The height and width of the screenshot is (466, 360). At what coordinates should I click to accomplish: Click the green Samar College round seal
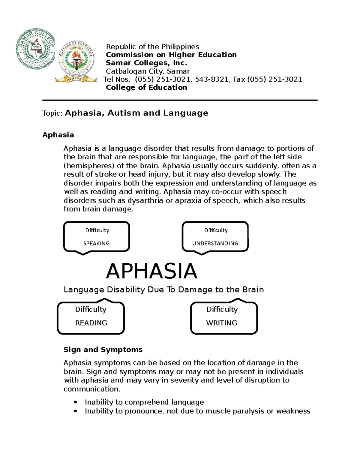tap(35, 49)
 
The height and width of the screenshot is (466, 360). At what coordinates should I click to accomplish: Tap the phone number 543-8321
tap(211, 80)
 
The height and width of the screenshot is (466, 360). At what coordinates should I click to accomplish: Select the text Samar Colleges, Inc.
tap(146, 63)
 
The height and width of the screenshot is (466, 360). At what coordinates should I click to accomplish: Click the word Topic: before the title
tap(52, 113)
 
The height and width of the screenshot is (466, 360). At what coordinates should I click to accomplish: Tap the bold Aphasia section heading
tap(58, 135)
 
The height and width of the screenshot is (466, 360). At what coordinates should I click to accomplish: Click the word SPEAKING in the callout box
tap(96, 243)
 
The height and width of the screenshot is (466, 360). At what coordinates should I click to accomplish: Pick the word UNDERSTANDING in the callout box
tap(215, 243)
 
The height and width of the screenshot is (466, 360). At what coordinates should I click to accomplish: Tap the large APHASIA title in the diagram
tap(151, 271)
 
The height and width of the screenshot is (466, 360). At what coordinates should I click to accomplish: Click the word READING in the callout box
tap(91, 323)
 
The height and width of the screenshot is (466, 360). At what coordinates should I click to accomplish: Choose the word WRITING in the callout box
tap(221, 323)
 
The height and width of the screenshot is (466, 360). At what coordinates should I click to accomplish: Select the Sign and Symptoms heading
tap(103, 350)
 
